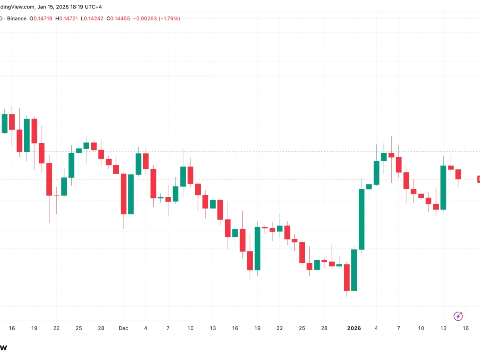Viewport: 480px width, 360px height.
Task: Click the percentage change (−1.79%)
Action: point(169,18)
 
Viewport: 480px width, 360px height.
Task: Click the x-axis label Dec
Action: point(123,328)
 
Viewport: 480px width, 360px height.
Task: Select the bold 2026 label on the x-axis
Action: point(354,328)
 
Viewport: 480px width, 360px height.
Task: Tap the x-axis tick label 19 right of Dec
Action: point(257,328)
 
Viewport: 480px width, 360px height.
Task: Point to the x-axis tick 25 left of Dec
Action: point(79,328)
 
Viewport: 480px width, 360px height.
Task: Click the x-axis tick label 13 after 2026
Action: point(443,328)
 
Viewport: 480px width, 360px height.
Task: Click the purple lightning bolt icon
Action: point(458,316)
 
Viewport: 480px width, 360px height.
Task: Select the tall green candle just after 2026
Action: point(362,219)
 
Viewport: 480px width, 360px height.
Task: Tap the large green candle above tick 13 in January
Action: point(443,188)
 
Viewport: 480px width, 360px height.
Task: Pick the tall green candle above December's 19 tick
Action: point(257,248)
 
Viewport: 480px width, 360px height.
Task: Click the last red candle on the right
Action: point(458,174)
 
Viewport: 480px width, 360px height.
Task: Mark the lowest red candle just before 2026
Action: point(346,277)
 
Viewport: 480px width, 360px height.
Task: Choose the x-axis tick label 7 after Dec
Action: point(168,328)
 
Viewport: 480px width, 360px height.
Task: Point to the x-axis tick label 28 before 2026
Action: point(324,328)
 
